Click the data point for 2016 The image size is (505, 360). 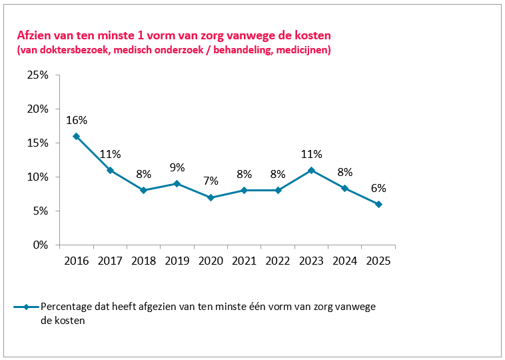[x=76, y=136]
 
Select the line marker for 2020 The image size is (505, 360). [x=211, y=197]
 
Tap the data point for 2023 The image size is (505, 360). [x=311, y=170]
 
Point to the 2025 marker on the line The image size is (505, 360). [x=378, y=204]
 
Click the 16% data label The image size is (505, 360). [x=77, y=120]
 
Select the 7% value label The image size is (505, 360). [x=211, y=181]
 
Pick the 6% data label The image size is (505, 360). [x=378, y=188]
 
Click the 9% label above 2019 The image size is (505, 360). [x=177, y=167]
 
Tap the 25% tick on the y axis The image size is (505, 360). [x=37, y=75]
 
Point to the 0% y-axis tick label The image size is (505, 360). [x=39, y=245]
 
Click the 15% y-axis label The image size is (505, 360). [x=37, y=143]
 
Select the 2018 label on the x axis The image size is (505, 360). [x=143, y=261]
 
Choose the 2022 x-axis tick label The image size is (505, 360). [x=278, y=261]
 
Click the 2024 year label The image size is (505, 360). [x=344, y=261]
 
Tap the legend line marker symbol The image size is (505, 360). [x=26, y=307]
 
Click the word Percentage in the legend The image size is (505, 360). [x=67, y=307]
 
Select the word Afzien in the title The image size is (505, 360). [x=35, y=35]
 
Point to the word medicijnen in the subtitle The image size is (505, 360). [x=302, y=50]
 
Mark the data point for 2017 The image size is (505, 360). [x=110, y=170]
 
